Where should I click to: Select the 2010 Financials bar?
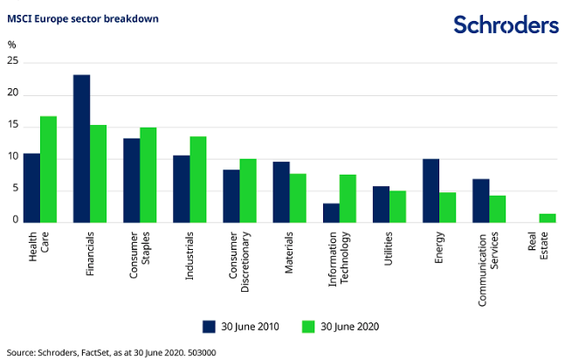pyautogui.click(x=81, y=148)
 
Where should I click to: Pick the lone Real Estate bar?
pyautogui.click(x=547, y=218)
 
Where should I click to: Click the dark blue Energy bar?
pyautogui.click(x=431, y=190)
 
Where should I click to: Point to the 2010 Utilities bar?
pyautogui.click(x=381, y=204)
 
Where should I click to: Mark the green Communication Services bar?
pyautogui.click(x=497, y=208)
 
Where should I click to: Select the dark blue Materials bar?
pyautogui.click(x=281, y=191)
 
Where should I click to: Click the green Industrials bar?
pyautogui.click(x=198, y=178)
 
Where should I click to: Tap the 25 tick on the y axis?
pyautogui.click(x=12, y=62)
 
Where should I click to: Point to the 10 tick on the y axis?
pyautogui.click(x=12, y=157)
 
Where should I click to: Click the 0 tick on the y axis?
pyautogui.click(x=15, y=220)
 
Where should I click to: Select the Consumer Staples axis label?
pyautogui.click(x=140, y=254)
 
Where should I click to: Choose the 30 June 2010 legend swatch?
pyautogui.click(x=210, y=326)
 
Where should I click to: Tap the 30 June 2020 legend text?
pyautogui.click(x=349, y=326)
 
